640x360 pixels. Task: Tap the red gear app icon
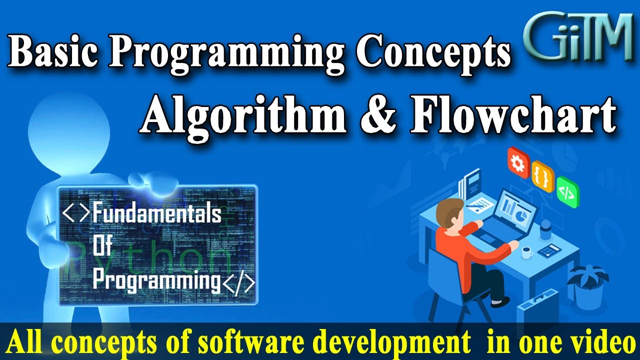[x=518, y=161]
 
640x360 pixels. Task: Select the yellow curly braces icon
[x=543, y=176]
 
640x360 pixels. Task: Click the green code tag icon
[x=568, y=191]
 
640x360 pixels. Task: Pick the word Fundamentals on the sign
[x=156, y=214]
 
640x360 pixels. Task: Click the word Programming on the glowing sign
[x=156, y=280]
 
